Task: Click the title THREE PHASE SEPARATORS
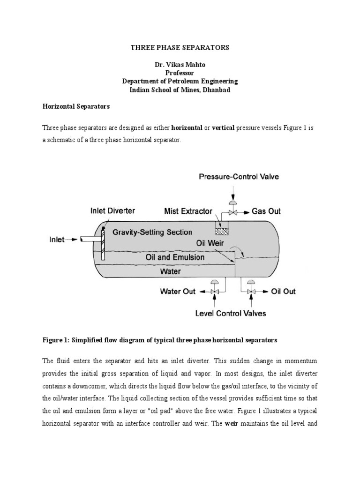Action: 180,47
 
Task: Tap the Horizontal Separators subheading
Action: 76,106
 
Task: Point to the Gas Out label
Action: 266,211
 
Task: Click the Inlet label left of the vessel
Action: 57,239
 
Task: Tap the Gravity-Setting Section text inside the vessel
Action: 146,232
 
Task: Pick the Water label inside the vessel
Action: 171,271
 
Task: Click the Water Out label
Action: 178,291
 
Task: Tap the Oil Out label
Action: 284,291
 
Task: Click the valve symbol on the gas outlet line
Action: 232,212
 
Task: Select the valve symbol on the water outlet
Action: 214,292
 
